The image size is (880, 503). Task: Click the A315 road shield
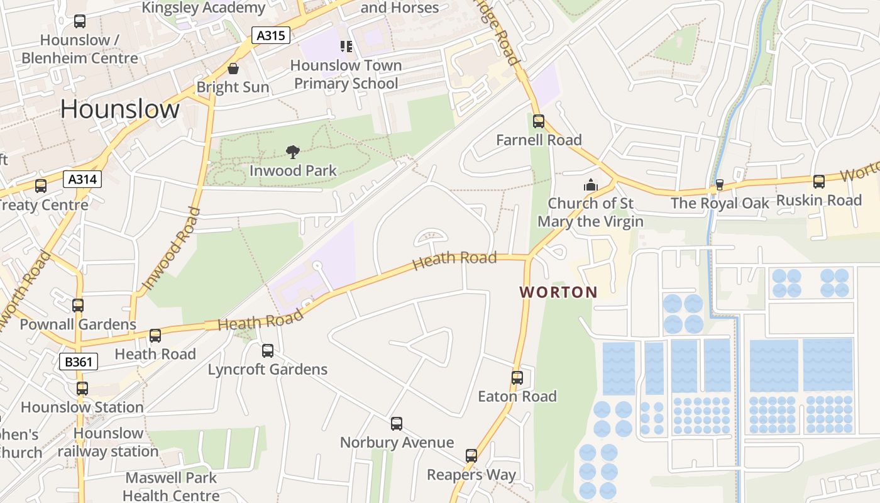(x=271, y=35)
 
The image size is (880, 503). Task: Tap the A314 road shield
(x=82, y=179)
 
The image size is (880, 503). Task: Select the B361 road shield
(x=79, y=362)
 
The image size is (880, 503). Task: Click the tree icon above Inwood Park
(x=292, y=152)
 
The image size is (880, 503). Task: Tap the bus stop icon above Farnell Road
(x=539, y=121)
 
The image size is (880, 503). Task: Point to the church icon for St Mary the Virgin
(x=590, y=185)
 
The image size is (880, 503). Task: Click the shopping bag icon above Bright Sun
(x=233, y=69)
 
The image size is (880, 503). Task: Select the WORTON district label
(x=558, y=292)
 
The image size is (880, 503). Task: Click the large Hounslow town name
(x=120, y=109)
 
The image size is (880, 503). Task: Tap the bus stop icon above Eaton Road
(x=517, y=377)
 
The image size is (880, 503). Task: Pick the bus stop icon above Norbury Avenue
(x=397, y=423)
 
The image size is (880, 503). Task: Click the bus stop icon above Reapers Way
(x=471, y=456)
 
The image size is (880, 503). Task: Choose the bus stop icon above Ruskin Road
(x=818, y=181)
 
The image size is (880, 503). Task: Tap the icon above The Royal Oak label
(x=720, y=184)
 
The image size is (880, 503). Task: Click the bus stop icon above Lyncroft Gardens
(x=268, y=350)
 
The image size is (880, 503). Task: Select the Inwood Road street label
(x=170, y=249)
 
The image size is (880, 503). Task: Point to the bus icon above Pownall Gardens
(x=78, y=305)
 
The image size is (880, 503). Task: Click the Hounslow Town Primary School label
(x=346, y=74)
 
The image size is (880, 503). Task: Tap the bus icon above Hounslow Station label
(x=82, y=388)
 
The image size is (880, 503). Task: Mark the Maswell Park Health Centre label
(x=171, y=487)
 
